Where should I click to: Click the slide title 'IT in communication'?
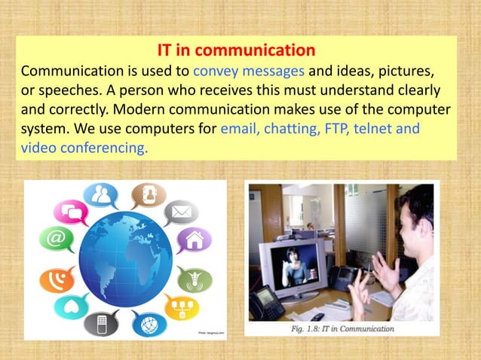pyautogui.click(x=235, y=51)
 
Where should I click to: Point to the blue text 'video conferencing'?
pyautogui.click(x=83, y=148)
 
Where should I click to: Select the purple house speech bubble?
pyautogui.click(x=193, y=240)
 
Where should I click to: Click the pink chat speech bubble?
pyautogui.click(x=74, y=212)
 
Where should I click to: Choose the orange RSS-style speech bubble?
pyautogui.click(x=56, y=279)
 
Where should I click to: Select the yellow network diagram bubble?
pyautogui.click(x=179, y=308)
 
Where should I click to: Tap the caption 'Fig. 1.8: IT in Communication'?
pyautogui.click(x=342, y=328)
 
